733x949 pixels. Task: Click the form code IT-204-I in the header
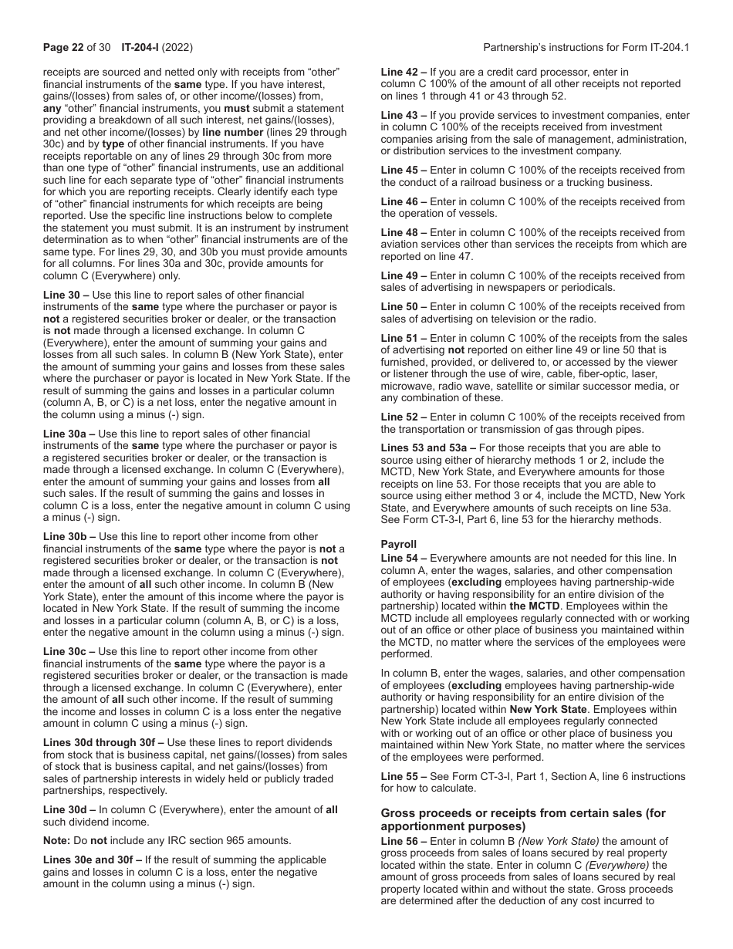tap(140, 47)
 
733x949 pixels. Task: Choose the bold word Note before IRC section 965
tap(56, 840)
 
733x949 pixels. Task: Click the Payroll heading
tap(398, 544)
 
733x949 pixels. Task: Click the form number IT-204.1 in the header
tap(669, 47)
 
